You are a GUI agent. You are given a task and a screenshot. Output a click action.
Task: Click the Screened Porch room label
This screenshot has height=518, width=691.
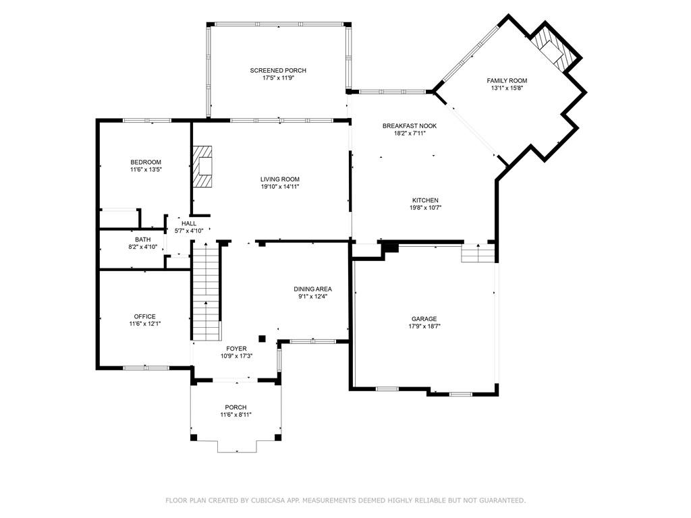click(278, 70)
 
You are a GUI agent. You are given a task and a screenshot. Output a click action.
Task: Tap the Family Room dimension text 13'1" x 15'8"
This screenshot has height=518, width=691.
click(507, 88)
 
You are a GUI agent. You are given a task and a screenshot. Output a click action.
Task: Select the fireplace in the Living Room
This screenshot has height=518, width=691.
click(202, 167)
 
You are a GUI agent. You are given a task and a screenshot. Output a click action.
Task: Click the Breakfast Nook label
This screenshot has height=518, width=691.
click(410, 126)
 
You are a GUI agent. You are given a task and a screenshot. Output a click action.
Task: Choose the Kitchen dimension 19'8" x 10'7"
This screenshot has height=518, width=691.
click(425, 208)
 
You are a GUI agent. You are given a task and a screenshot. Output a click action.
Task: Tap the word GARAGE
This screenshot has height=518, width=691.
click(424, 319)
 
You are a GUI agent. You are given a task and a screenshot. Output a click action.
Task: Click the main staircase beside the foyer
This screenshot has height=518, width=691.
click(206, 291)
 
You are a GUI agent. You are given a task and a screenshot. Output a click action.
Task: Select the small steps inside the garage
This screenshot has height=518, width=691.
click(478, 254)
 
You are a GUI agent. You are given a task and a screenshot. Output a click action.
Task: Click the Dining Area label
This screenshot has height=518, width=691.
click(313, 289)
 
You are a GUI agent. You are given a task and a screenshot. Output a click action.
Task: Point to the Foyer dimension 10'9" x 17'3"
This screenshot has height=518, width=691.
click(237, 356)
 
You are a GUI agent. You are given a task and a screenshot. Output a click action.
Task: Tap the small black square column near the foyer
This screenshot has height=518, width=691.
click(262, 339)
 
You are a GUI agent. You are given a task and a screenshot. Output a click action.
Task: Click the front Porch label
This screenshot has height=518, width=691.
click(236, 407)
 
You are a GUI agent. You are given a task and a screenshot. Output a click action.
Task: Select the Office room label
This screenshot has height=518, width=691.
click(145, 317)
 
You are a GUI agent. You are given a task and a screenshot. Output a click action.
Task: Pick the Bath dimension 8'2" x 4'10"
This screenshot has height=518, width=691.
click(143, 247)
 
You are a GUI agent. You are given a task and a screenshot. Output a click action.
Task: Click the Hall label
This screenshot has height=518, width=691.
click(189, 224)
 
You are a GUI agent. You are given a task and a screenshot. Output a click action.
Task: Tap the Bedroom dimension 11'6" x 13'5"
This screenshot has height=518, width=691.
click(146, 169)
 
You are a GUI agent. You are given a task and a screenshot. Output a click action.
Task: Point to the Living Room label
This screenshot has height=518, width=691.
click(280, 179)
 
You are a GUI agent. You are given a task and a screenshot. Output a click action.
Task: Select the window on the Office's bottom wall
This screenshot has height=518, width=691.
click(146, 368)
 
